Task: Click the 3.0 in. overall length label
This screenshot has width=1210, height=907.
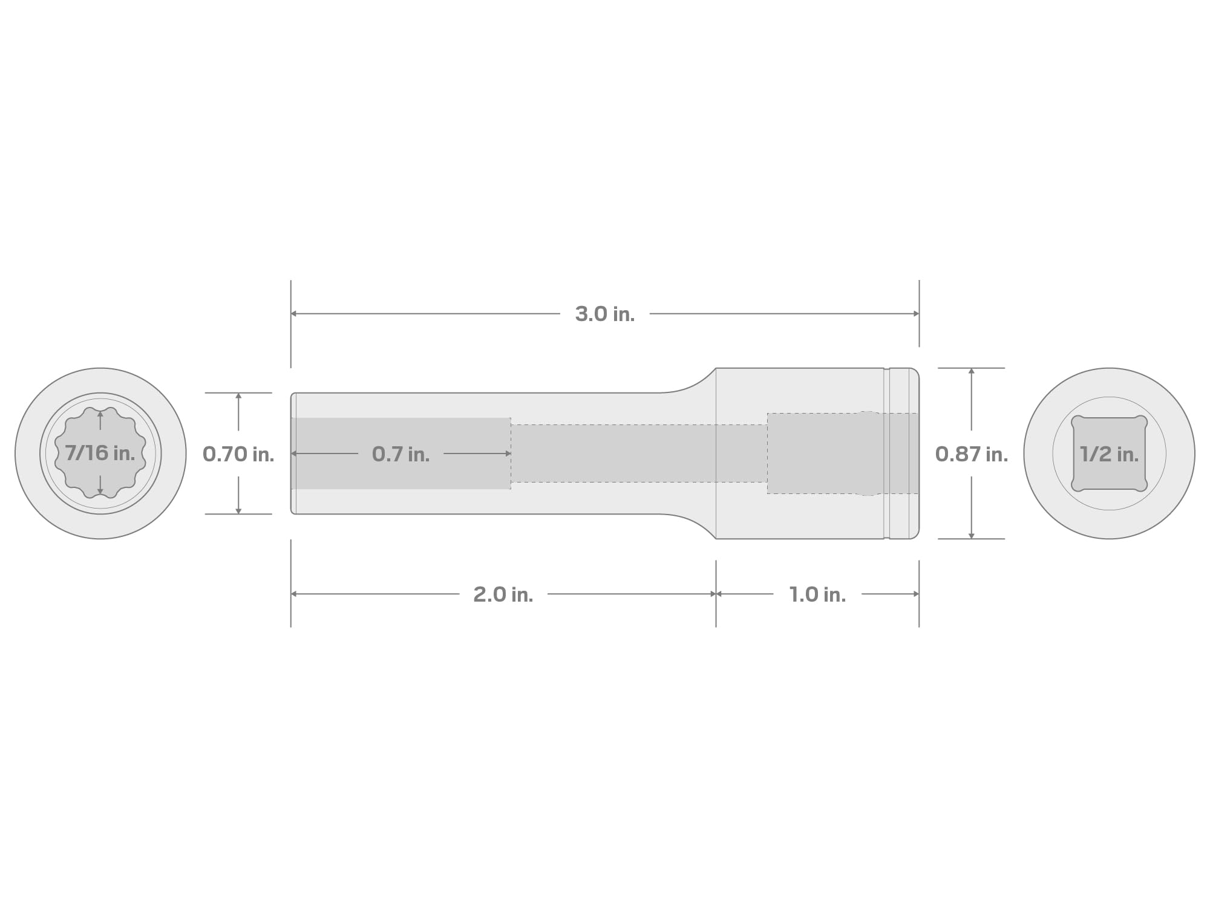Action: click(x=605, y=314)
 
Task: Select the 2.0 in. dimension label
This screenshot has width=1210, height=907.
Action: click(x=503, y=594)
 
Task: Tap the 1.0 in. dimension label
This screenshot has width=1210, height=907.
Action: click(x=817, y=594)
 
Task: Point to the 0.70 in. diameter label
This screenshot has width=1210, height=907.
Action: click(x=238, y=454)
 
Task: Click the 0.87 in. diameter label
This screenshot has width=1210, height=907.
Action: click(x=972, y=454)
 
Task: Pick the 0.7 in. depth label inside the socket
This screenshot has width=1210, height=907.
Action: click(x=401, y=454)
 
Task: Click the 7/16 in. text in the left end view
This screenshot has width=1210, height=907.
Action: click(x=100, y=453)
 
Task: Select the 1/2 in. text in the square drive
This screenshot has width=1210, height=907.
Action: click(x=1110, y=454)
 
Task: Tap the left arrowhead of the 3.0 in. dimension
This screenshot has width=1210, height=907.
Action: click(x=293, y=314)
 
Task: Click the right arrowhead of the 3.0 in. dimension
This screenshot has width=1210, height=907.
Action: click(x=916, y=314)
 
